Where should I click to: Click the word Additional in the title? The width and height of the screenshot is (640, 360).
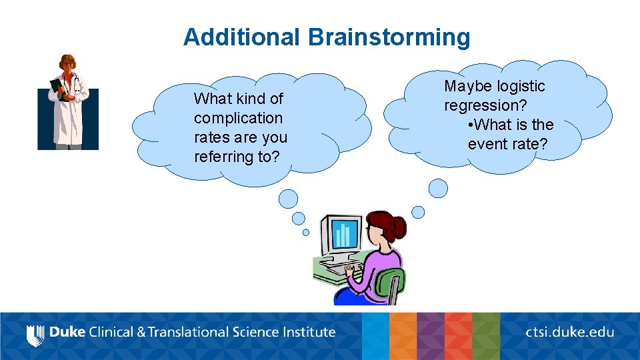(x=241, y=37)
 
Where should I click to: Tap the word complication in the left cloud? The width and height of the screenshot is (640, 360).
(x=238, y=118)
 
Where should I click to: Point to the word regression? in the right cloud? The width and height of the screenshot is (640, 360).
(x=485, y=105)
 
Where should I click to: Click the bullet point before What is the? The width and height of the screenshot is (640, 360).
(x=471, y=125)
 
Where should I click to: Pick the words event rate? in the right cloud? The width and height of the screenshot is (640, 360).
(x=507, y=144)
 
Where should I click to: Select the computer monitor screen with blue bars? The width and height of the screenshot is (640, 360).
(x=343, y=234)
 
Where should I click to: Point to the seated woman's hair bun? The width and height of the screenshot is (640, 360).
(x=399, y=227)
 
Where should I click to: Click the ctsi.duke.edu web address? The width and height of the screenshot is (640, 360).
(x=569, y=332)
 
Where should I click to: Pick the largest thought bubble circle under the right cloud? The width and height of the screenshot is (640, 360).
(x=438, y=188)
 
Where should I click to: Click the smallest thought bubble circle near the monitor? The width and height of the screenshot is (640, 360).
(x=306, y=233)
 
